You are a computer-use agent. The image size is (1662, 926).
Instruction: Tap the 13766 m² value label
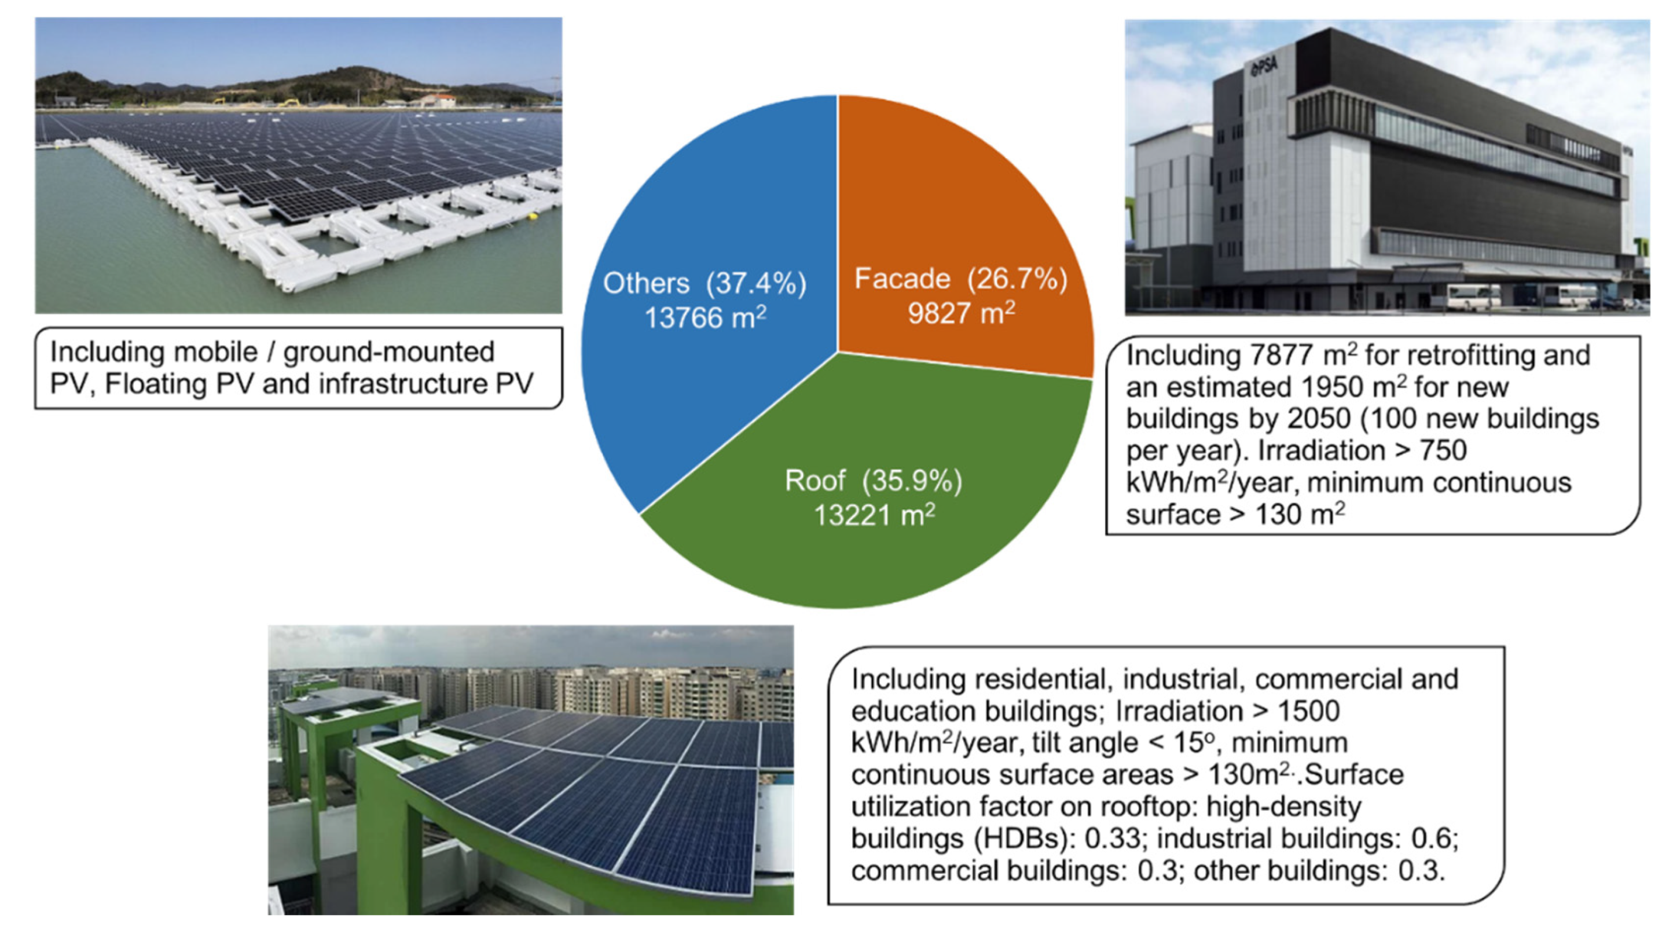click(x=705, y=317)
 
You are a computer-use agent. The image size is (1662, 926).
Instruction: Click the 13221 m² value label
click(x=874, y=515)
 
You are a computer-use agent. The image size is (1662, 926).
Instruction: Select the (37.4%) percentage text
click(x=755, y=284)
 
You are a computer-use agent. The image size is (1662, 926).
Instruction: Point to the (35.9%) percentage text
click(x=912, y=481)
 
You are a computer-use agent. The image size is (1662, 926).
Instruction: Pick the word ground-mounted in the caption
click(x=388, y=352)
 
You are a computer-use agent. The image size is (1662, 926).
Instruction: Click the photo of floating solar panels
click(x=298, y=165)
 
